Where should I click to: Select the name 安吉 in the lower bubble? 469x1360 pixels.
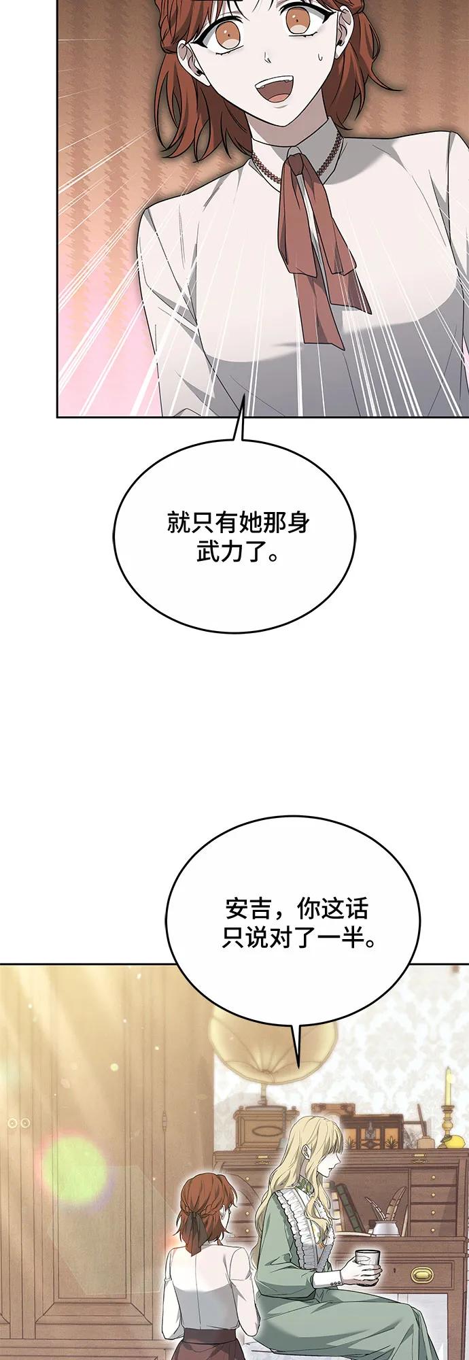[x=248, y=909]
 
